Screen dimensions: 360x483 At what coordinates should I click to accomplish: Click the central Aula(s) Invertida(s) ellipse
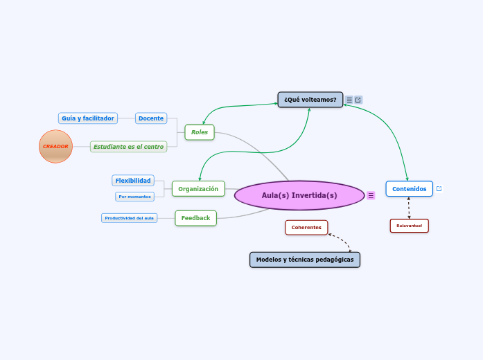299,195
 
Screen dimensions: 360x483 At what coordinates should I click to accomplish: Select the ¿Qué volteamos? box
310,100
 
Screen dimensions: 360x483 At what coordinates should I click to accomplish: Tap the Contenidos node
409,188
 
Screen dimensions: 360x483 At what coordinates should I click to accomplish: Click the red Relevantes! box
409,226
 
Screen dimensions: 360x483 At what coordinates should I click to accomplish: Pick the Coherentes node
306,227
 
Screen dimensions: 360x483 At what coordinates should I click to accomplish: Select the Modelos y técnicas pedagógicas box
304,260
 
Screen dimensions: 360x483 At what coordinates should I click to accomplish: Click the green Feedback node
195,218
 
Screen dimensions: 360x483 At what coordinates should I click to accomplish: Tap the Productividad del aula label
130,218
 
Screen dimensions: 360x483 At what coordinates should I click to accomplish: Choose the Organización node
198,188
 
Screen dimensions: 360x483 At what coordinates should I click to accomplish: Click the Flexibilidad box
133,181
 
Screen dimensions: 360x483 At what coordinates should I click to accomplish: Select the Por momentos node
134,197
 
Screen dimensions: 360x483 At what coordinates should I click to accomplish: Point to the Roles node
200,132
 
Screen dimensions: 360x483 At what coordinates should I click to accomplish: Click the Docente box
151,118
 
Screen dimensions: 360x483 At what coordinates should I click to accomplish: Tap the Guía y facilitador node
87,118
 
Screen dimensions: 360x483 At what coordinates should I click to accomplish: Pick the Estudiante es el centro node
129,147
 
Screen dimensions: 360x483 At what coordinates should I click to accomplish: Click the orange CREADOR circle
55,146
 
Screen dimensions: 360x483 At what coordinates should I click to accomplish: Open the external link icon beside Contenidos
439,188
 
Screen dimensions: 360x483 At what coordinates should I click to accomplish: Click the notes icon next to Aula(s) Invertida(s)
371,196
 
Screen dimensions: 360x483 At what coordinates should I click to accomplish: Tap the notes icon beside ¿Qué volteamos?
349,100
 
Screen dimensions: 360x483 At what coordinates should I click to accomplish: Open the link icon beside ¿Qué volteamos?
358,100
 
